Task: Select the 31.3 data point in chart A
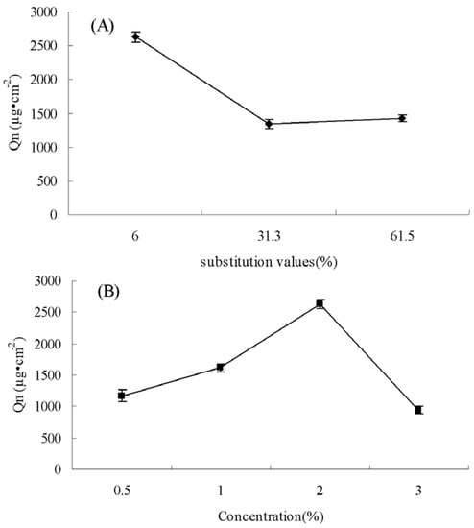click(x=269, y=124)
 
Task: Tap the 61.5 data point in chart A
click(x=402, y=118)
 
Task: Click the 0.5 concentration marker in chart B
click(x=122, y=396)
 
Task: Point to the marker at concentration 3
click(x=418, y=410)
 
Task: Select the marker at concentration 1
click(x=221, y=368)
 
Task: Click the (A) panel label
click(x=103, y=27)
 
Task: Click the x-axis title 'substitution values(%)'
click(x=270, y=259)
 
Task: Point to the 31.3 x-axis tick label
click(x=269, y=231)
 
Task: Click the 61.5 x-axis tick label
click(x=402, y=231)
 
